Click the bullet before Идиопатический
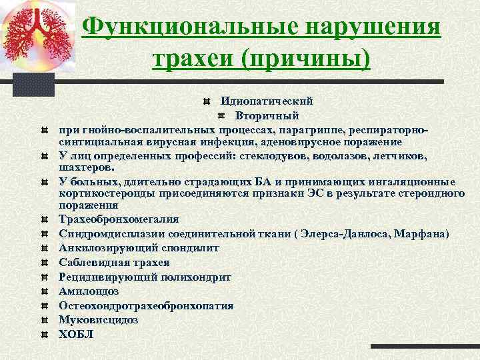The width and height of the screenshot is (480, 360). (207, 102)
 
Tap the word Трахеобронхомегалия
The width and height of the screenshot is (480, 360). (119, 219)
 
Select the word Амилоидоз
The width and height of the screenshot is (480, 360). (88, 291)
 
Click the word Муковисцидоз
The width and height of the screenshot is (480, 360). (99, 319)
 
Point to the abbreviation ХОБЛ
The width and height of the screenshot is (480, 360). (76, 334)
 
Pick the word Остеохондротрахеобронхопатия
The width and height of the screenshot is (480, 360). (146, 305)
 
